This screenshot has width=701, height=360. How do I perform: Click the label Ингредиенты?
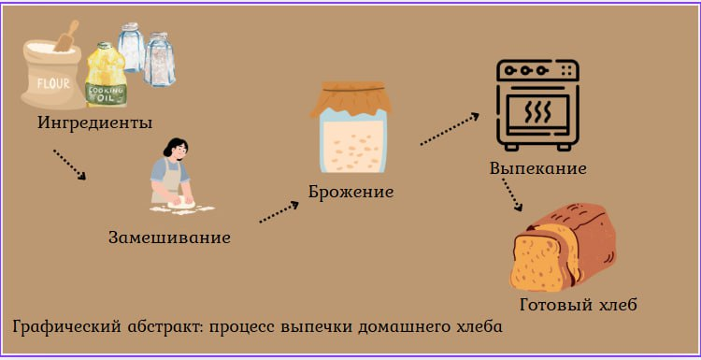(95, 122)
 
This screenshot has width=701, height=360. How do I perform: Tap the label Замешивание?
(169, 237)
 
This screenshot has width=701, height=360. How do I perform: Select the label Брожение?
(350, 192)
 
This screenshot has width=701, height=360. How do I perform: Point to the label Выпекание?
(537, 169)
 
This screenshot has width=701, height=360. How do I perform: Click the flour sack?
(52, 75)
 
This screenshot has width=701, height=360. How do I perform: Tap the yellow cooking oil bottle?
(105, 79)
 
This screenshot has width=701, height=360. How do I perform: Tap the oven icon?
(536, 104)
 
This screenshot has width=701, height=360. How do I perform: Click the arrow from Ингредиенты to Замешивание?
(70, 164)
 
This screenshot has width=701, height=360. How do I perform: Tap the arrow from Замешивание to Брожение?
(278, 210)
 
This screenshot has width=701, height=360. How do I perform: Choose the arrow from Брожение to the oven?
(449, 129)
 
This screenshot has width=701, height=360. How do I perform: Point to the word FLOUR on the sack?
(51, 83)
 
